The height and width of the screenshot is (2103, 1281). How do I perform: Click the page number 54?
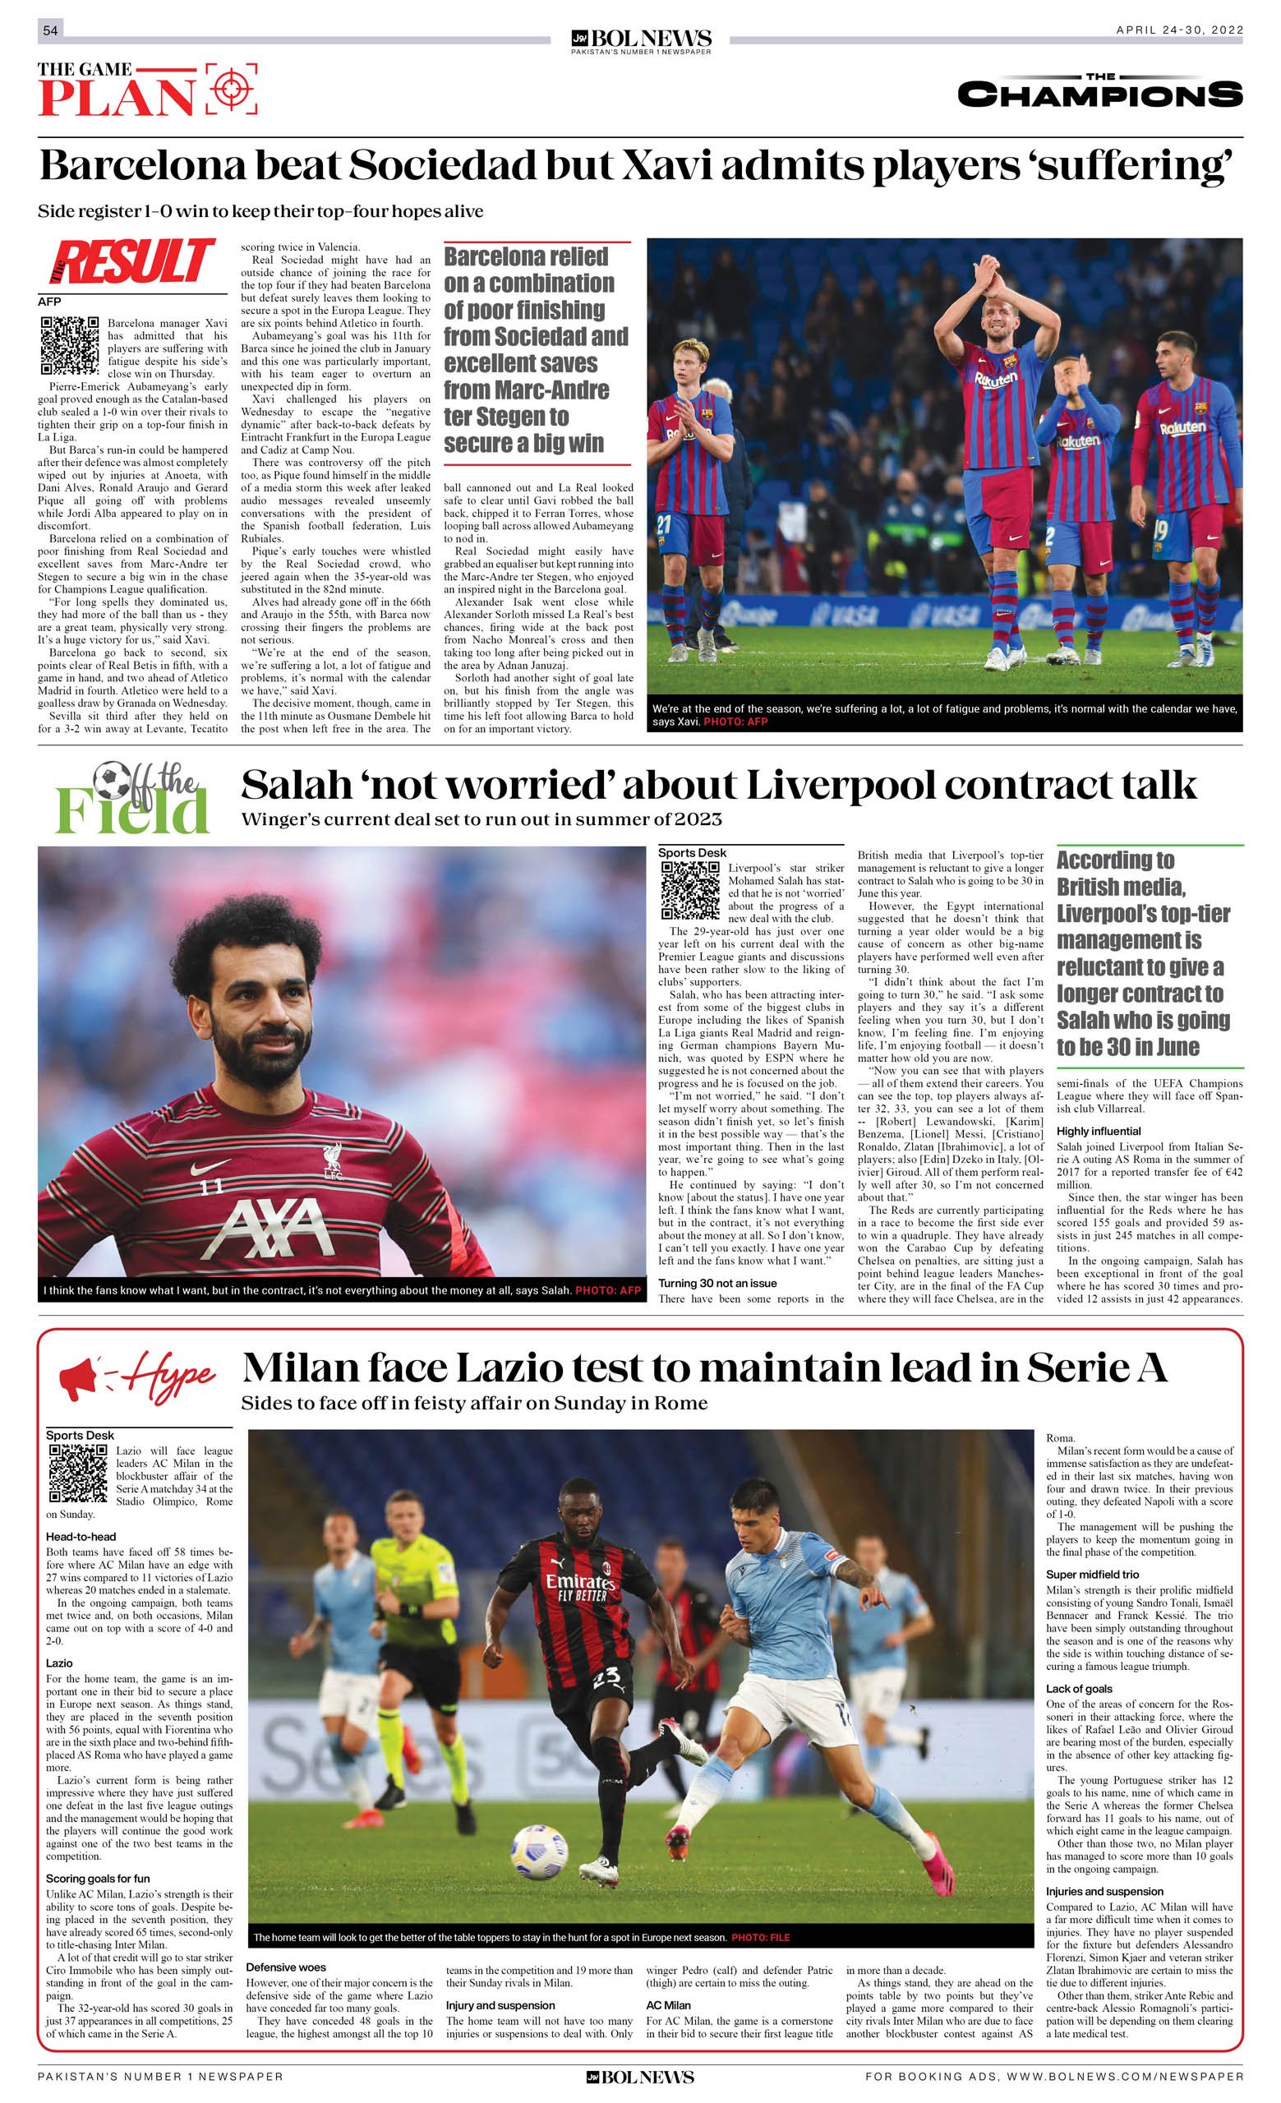[x=50, y=30]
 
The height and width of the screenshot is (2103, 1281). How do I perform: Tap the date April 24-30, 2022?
[x=1178, y=30]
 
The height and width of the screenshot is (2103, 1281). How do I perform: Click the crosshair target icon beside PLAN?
[x=230, y=89]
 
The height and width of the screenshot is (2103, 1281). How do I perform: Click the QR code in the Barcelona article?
[x=70, y=346]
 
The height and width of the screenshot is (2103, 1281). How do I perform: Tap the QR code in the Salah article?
[x=690, y=890]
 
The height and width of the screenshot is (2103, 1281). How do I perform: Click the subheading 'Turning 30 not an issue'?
[x=717, y=1283]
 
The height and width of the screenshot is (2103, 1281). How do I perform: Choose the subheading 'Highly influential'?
[x=1099, y=1131]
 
